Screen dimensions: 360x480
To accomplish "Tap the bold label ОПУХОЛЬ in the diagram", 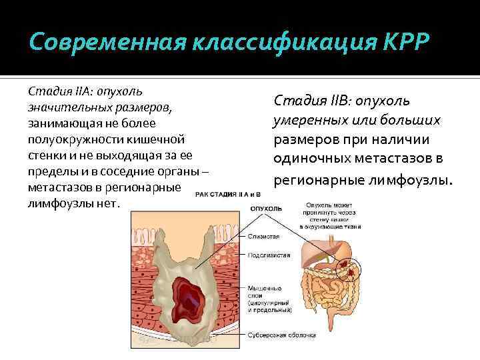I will click(x=265, y=208).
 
